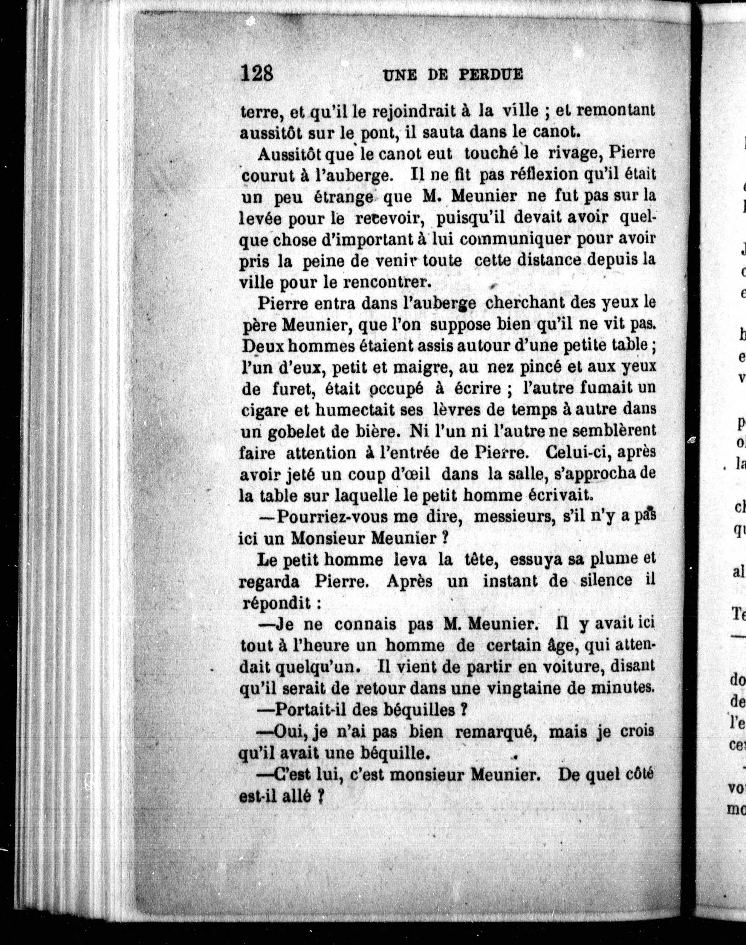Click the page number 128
click(x=257, y=73)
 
